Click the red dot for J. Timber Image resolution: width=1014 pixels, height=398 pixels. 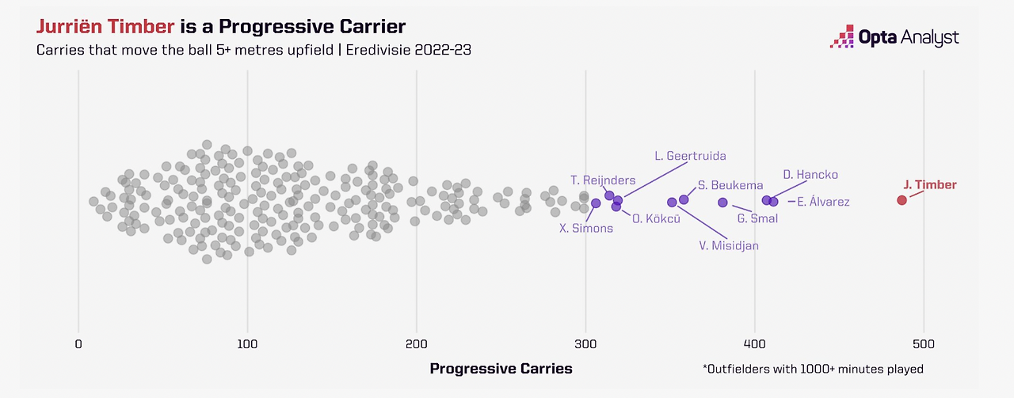pos(902,200)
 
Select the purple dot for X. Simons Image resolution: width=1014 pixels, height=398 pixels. pos(596,203)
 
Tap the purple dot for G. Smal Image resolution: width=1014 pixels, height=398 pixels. pos(722,202)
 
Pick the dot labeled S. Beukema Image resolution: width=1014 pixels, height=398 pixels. pos(684,199)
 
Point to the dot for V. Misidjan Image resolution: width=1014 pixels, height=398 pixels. pos(672,202)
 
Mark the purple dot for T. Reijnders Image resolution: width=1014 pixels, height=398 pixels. pos(609,195)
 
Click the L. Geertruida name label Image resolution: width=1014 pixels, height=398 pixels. pos(690,156)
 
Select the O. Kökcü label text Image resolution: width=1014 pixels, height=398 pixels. pos(657,218)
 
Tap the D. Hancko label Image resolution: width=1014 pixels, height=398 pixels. pos(810,174)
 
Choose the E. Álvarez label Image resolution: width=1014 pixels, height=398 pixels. pos(823,202)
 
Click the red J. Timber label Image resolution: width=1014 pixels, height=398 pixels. pos(929,185)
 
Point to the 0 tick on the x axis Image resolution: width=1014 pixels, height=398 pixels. pos(78,344)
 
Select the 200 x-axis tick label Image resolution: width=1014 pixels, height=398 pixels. pos(417,344)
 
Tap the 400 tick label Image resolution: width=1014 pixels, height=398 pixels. pos(755,344)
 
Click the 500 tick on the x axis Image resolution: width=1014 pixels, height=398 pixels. pos(924,344)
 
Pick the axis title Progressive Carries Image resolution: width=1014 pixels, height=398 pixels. pos(501,369)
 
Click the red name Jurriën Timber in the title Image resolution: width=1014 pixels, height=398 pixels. pos(105,26)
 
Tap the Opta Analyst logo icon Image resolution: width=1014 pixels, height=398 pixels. pos(841,37)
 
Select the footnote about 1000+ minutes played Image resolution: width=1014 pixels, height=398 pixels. pos(813,369)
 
